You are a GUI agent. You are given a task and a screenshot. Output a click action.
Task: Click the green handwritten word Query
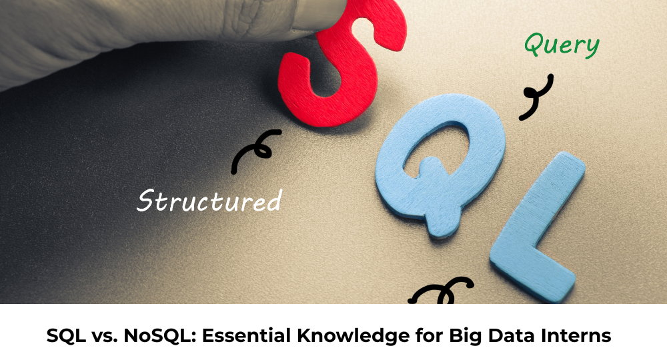(x=562, y=45)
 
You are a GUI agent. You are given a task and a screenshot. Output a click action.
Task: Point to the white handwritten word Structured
(x=209, y=201)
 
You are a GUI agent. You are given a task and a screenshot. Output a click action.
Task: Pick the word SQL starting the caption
(x=66, y=335)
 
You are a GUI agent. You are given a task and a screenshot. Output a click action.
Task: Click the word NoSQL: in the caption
(x=159, y=335)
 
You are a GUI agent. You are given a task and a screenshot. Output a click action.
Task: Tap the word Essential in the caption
(x=247, y=335)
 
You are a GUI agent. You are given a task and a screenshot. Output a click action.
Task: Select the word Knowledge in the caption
(x=354, y=336)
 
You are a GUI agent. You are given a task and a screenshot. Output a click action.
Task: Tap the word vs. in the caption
(x=104, y=337)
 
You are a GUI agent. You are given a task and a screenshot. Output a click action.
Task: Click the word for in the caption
(x=430, y=335)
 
